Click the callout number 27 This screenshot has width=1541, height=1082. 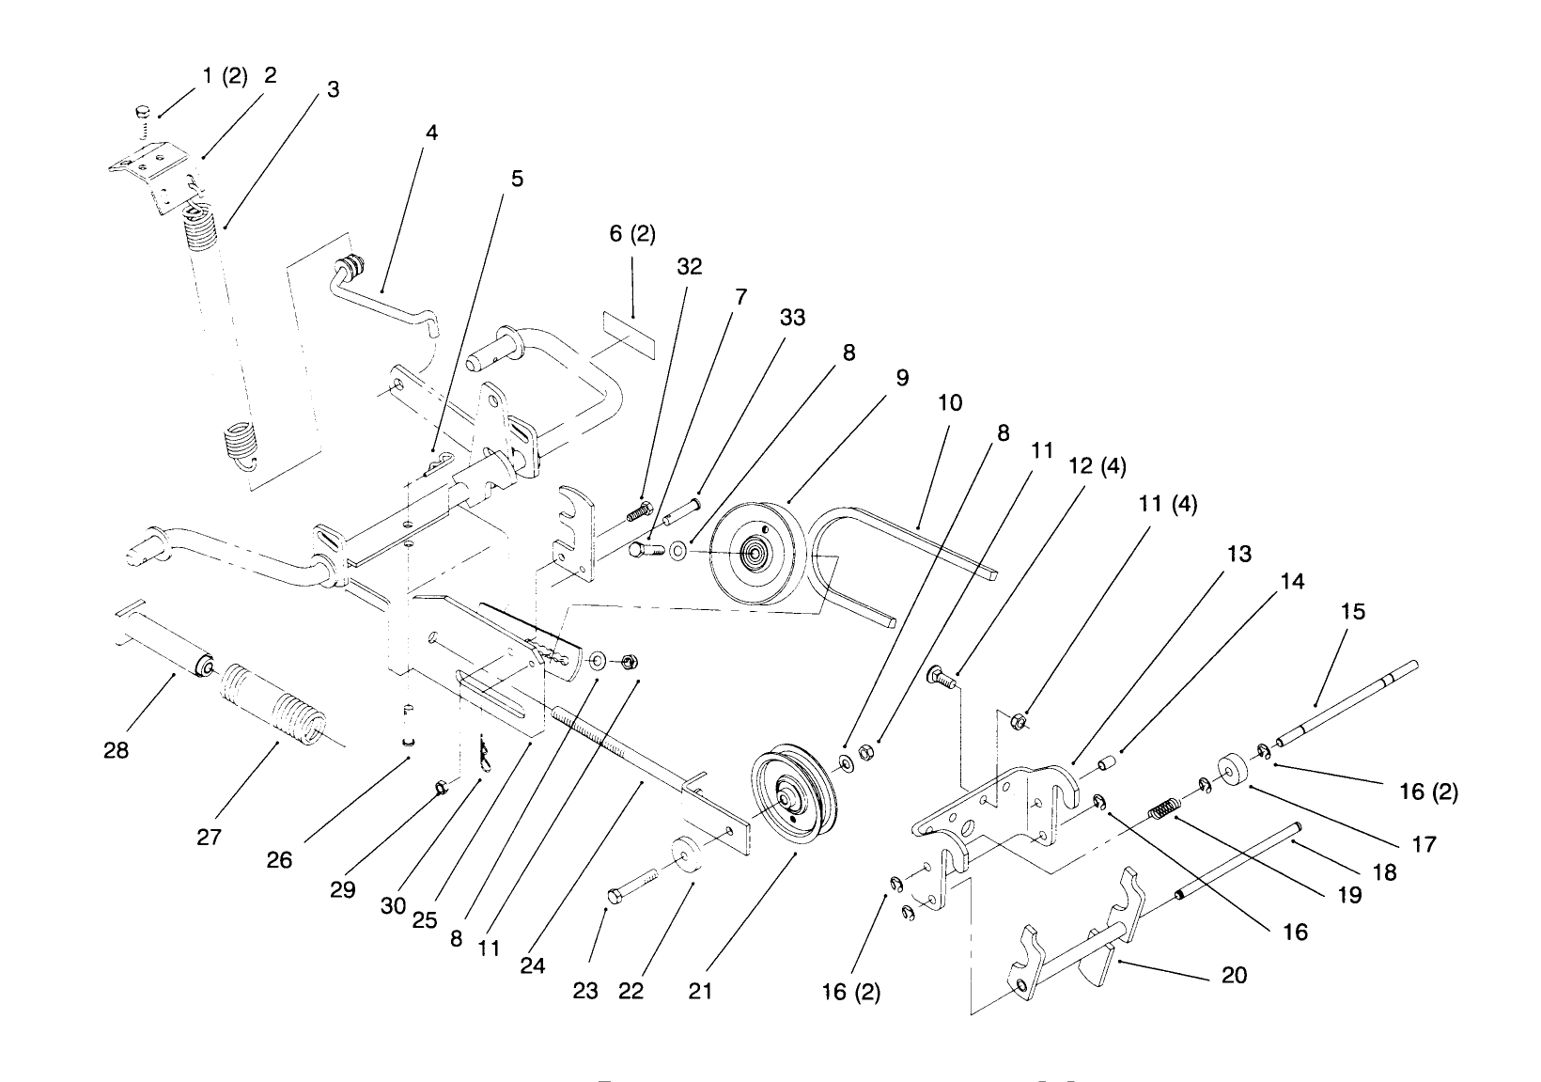point(209,837)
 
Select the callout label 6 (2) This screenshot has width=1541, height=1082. point(632,233)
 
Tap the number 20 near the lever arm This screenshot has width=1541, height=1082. point(1234,976)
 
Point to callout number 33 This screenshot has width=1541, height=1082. point(792,318)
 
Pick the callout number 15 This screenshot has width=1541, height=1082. point(1353,612)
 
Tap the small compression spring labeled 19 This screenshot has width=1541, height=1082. point(1165,807)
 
